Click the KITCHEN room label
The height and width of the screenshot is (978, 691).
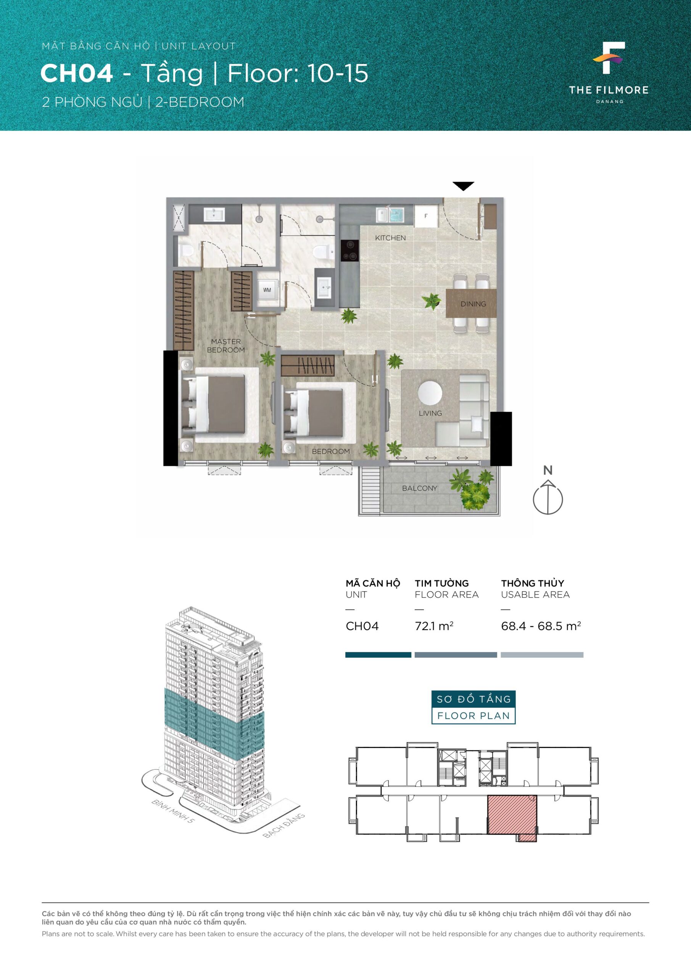pyautogui.click(x=390, y=238)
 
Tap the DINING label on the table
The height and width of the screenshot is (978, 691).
pyautogui.click(x=473, y=304)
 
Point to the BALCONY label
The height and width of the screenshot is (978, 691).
pyautogui.click(x=420, y=488)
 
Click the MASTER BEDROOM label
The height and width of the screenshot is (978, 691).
pyautogui.click(x=226, y=345)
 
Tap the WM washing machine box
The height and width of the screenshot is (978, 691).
pyautogui.click(x=267, y=290)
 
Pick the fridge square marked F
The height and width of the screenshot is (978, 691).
pyautogui.click(x=426, y=216)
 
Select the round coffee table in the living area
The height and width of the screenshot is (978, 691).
pyautogui.click(x=430, y=392)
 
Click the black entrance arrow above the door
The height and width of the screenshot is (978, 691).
pyautogui.click(x=463, y=186)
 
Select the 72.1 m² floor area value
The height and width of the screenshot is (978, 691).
pyautogui.click(x=434, y=626)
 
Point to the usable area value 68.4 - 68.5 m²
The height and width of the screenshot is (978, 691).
pyautogui.click(x=541, y=626)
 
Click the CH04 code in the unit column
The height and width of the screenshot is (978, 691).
pyautogui.click(x=362, y=626)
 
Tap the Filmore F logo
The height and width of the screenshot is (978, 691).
pyautogui.click(x=609, y=58)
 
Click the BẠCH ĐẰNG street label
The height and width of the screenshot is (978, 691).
pyautogui.click(x=284, y=826)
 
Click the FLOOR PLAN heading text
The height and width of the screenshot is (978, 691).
pyautogui.click(x=474, y=716)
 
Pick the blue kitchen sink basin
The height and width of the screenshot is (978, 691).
pyautogui.click(x=396, y=215)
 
